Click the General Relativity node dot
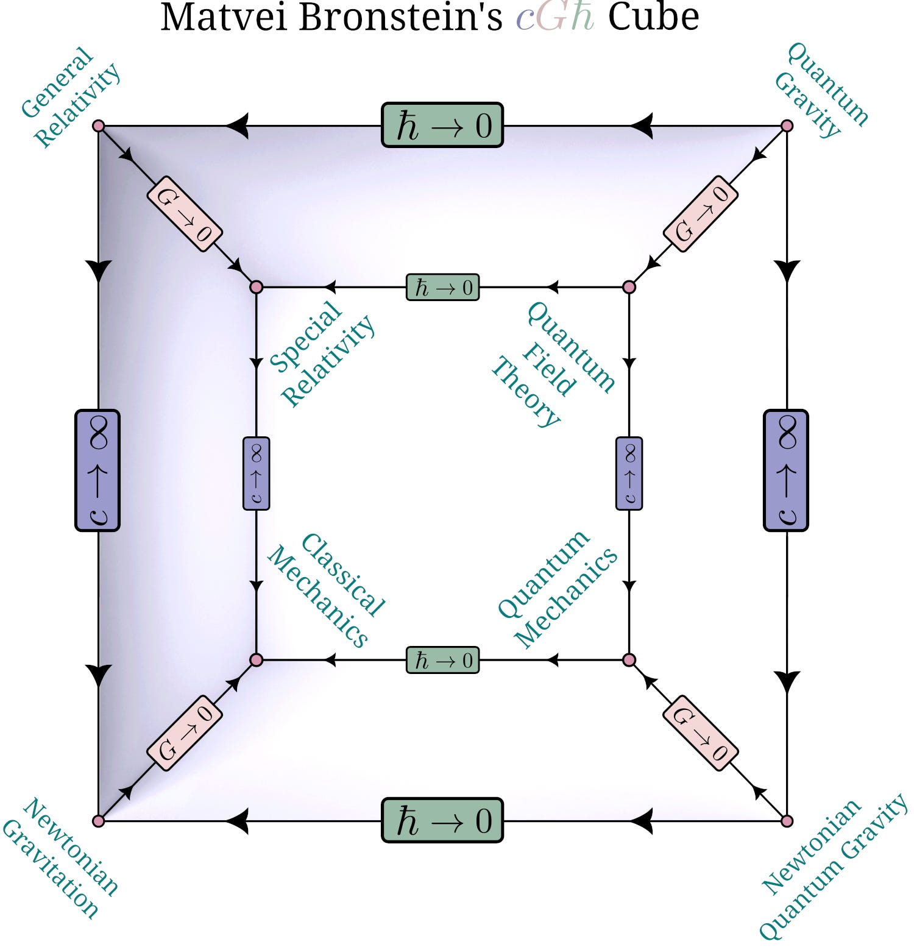99,126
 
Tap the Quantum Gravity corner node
787,126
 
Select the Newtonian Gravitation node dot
99,821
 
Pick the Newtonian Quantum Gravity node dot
787,821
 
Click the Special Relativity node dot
257,286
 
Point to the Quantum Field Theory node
629,286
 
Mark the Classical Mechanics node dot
257,660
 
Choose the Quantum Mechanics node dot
629,660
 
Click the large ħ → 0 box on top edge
442,126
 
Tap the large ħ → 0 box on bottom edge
442,820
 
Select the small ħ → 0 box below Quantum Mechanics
443,661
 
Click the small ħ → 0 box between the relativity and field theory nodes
443,287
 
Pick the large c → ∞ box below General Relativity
97,470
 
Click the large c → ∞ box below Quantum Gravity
786,470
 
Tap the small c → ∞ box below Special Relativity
257,474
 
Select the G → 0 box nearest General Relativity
184,213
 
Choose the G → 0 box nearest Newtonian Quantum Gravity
701,733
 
